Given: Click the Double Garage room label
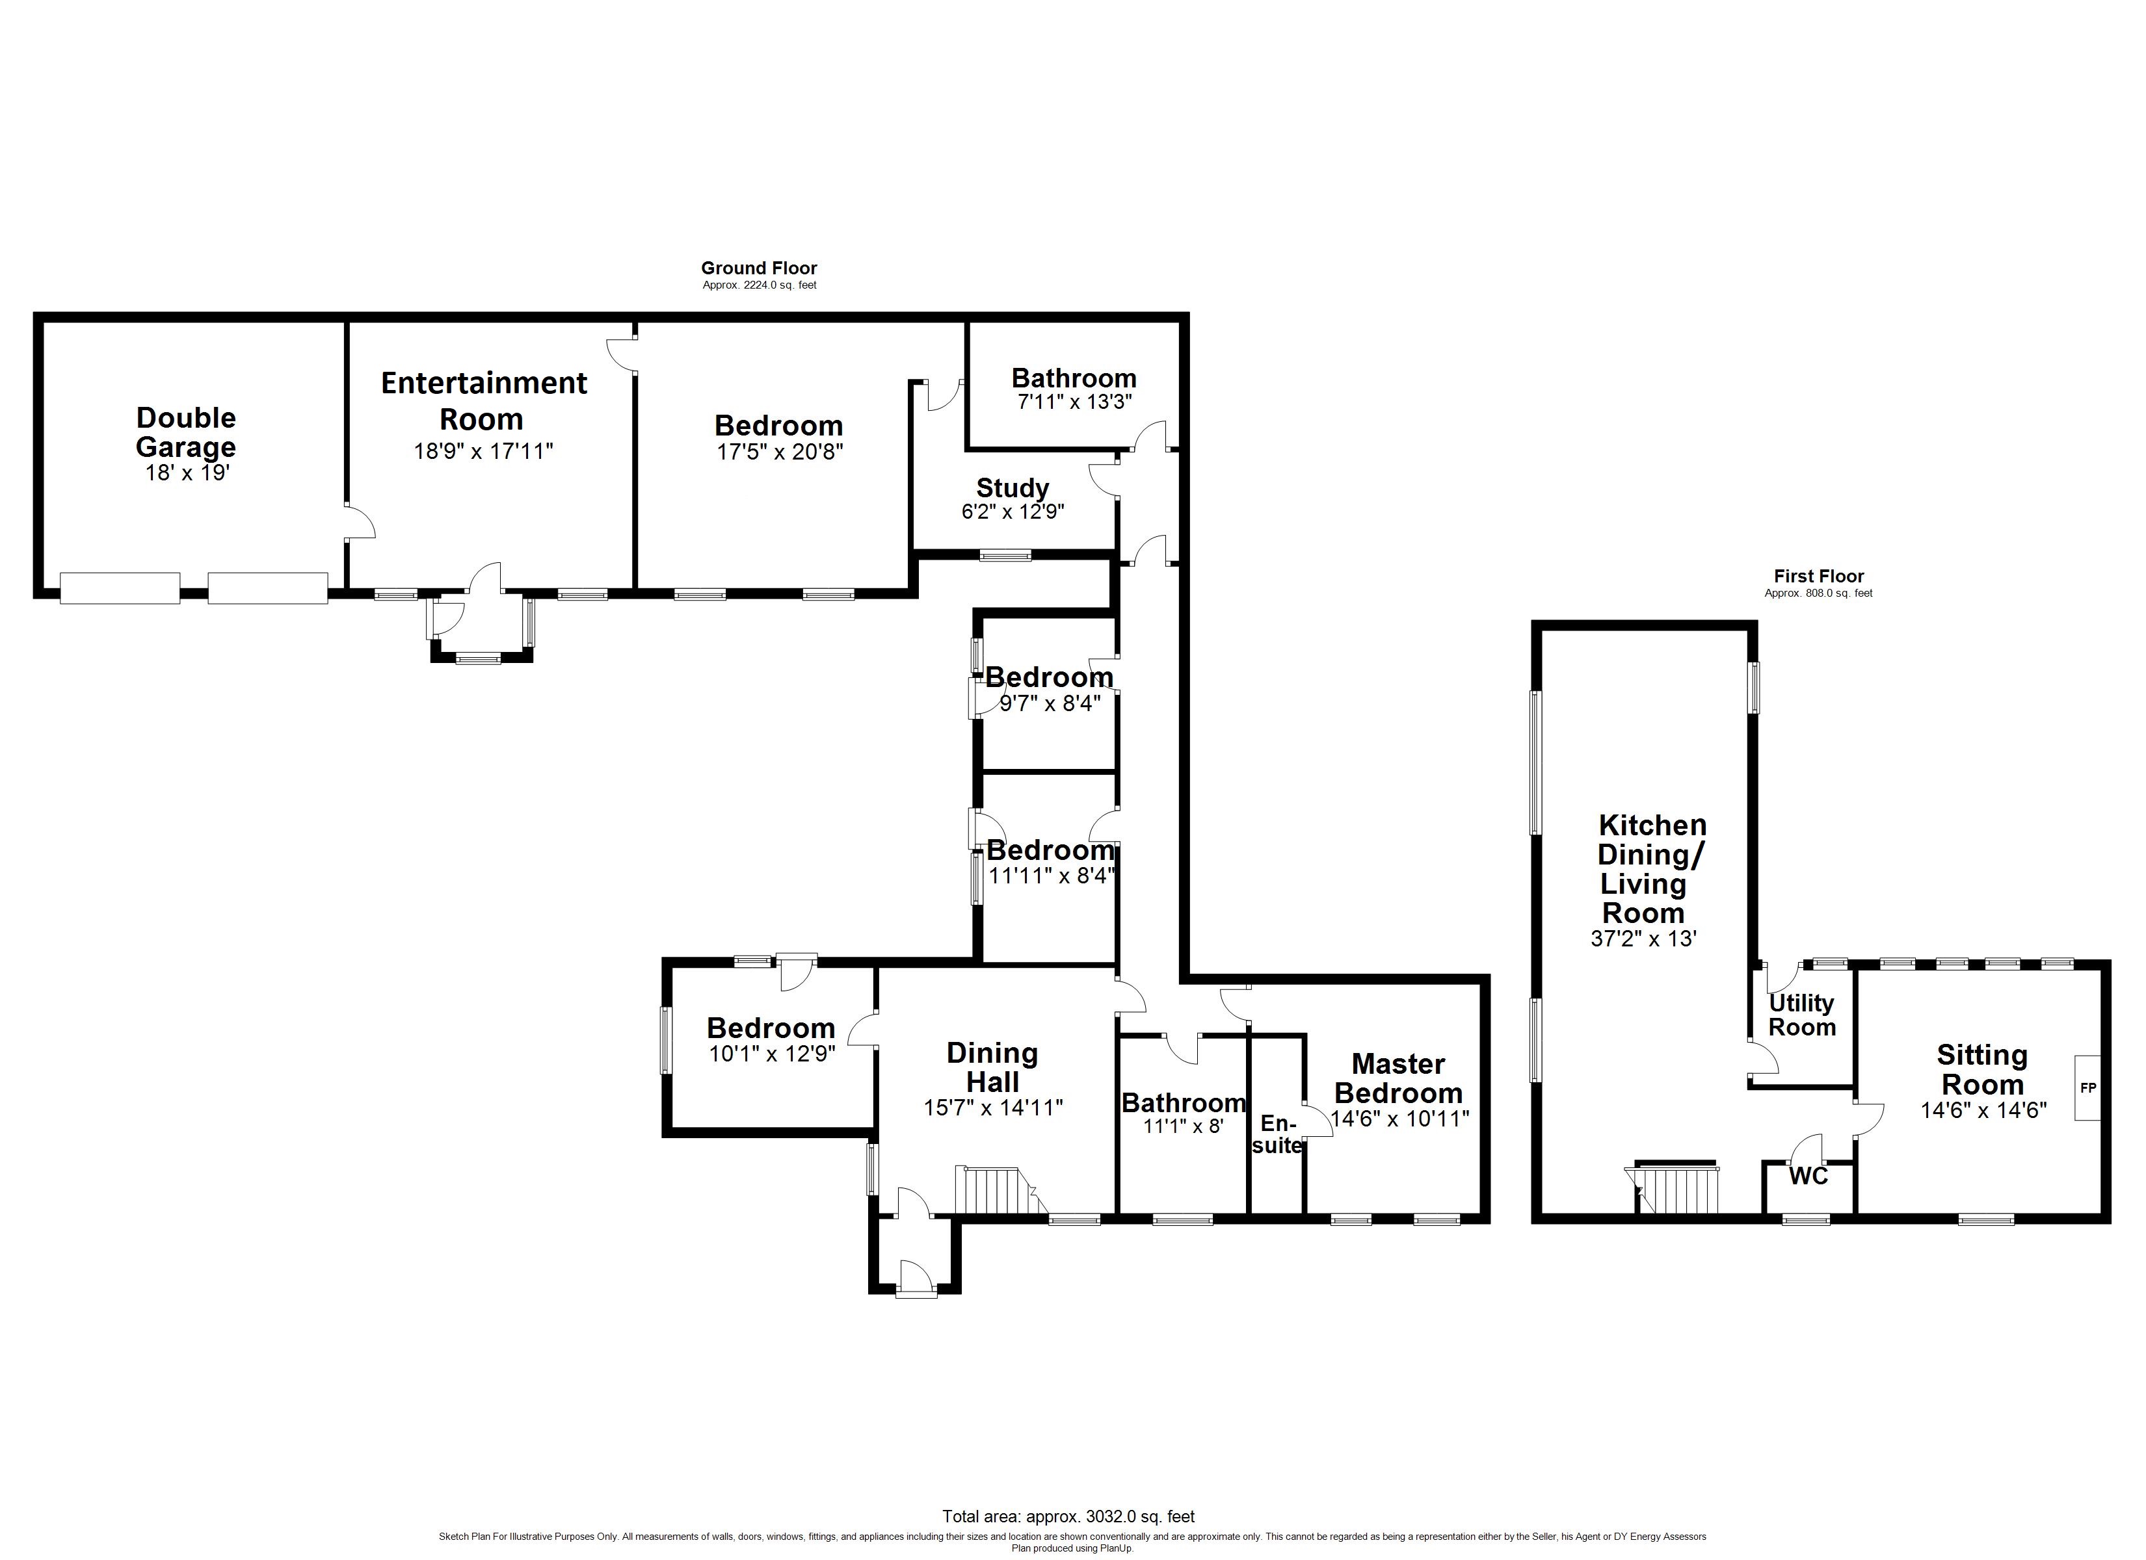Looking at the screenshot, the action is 187,432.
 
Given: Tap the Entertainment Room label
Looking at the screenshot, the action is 484,400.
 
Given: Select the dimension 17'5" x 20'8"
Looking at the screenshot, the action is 780,451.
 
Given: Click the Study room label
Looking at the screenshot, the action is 1013,488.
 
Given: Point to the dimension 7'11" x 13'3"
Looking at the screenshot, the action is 1074,401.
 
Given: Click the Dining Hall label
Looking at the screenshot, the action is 992,1067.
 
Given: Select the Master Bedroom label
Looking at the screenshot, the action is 1399,1078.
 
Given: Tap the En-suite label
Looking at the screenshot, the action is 1279,1134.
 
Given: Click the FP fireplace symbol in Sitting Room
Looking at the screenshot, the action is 2087,1088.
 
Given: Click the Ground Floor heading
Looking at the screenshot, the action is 759,268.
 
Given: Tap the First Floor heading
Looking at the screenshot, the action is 1819,576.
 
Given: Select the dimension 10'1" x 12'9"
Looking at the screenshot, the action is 772,1054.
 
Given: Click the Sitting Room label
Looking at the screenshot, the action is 1981,1070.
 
